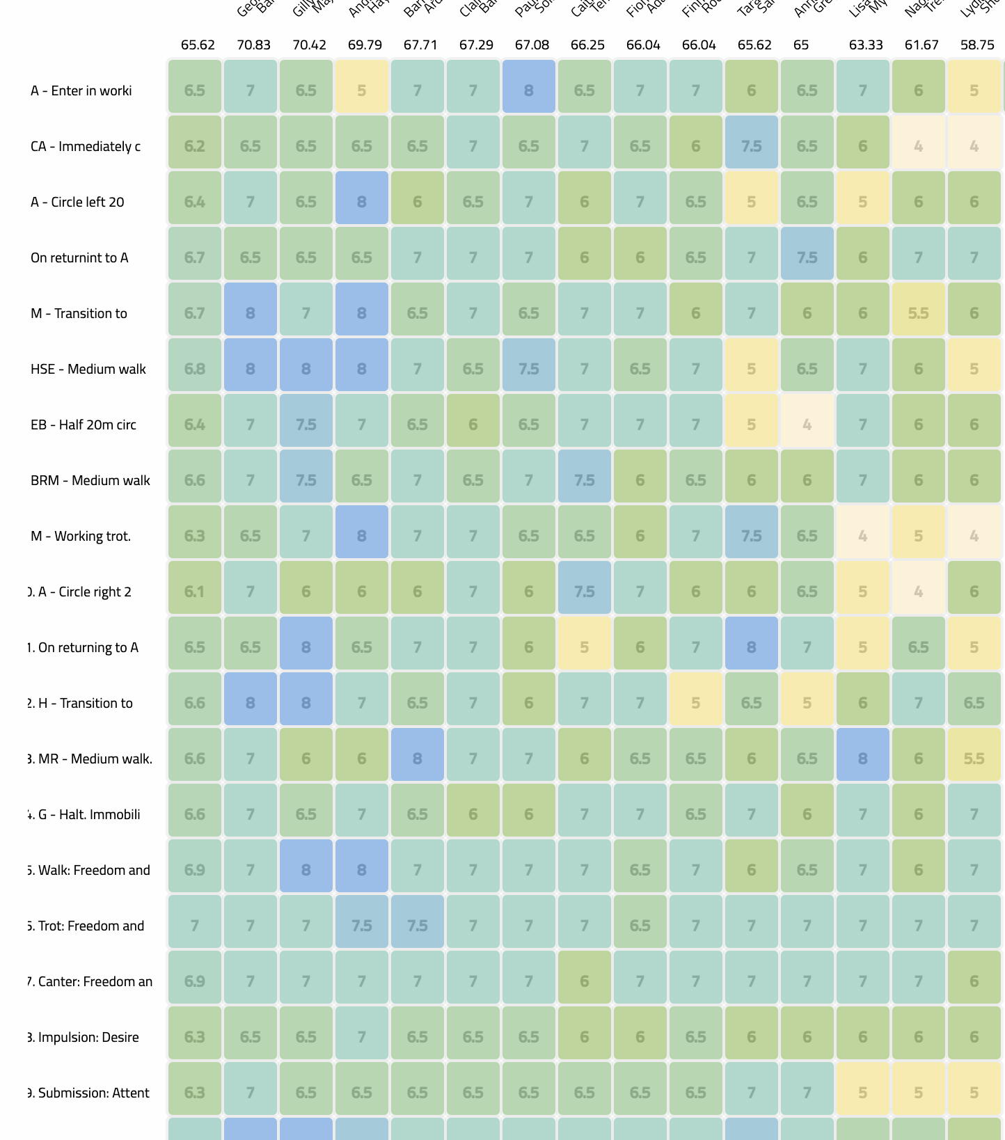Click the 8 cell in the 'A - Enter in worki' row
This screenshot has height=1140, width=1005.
pyautogui.click(x=529, y=90)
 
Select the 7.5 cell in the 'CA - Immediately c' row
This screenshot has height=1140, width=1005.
pyautogui.click(x=752, y=146)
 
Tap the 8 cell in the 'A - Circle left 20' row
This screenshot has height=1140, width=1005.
pyautogui.click(x=362, y=202)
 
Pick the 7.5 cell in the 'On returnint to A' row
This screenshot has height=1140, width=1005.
pyautogui.click(x=807, y=258)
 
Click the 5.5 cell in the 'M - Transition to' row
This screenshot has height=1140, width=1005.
pyautogui.click(x=919, y=313)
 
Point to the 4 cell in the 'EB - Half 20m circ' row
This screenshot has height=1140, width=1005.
pyautogui.click(x=807, y=425)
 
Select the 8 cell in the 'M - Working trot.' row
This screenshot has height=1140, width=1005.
pyautogui.click(x=362, y=536)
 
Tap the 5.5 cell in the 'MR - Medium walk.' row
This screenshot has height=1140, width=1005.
pyautogui.click(x=974, y=759)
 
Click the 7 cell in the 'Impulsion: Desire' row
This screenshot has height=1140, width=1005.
pyautogui.click(x=362, y=1037)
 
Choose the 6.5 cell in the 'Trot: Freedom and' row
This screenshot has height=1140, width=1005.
pyautogui.click(x=640, y=926)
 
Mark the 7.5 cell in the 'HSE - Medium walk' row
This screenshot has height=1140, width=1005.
pyautogui.click(x=529, y=369)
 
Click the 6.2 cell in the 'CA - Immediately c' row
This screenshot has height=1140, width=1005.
pyautogui.click(x=195, y=146)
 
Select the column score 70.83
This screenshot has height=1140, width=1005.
pyautogui.click(x=253, y=45)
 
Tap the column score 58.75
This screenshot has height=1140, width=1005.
pyautogui.click(x=977, y=45)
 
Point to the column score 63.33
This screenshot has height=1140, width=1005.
pyautogui.click(x=866, y=45)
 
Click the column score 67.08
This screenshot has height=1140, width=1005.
pyautogui.click(x=532, y=45)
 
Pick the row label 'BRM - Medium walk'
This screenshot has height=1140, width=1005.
pyautogui.click(x=90, y=480)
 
